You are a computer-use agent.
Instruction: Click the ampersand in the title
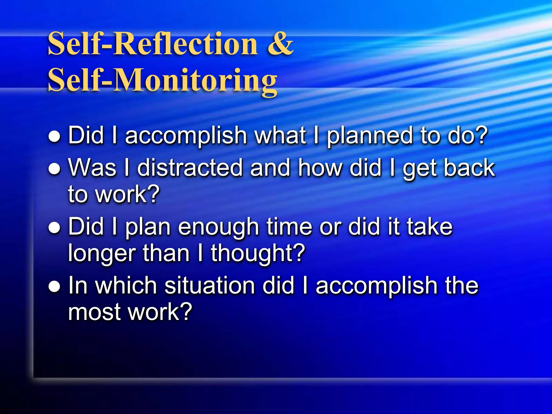coord(280,44)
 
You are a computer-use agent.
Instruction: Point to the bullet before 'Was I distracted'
coord(54,169)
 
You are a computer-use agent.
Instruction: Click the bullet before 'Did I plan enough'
coord(54,228)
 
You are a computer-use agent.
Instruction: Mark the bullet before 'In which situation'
coord(54,287)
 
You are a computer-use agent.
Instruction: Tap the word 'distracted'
coord(190,168)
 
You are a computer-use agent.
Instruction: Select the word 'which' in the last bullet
coord(126,285)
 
